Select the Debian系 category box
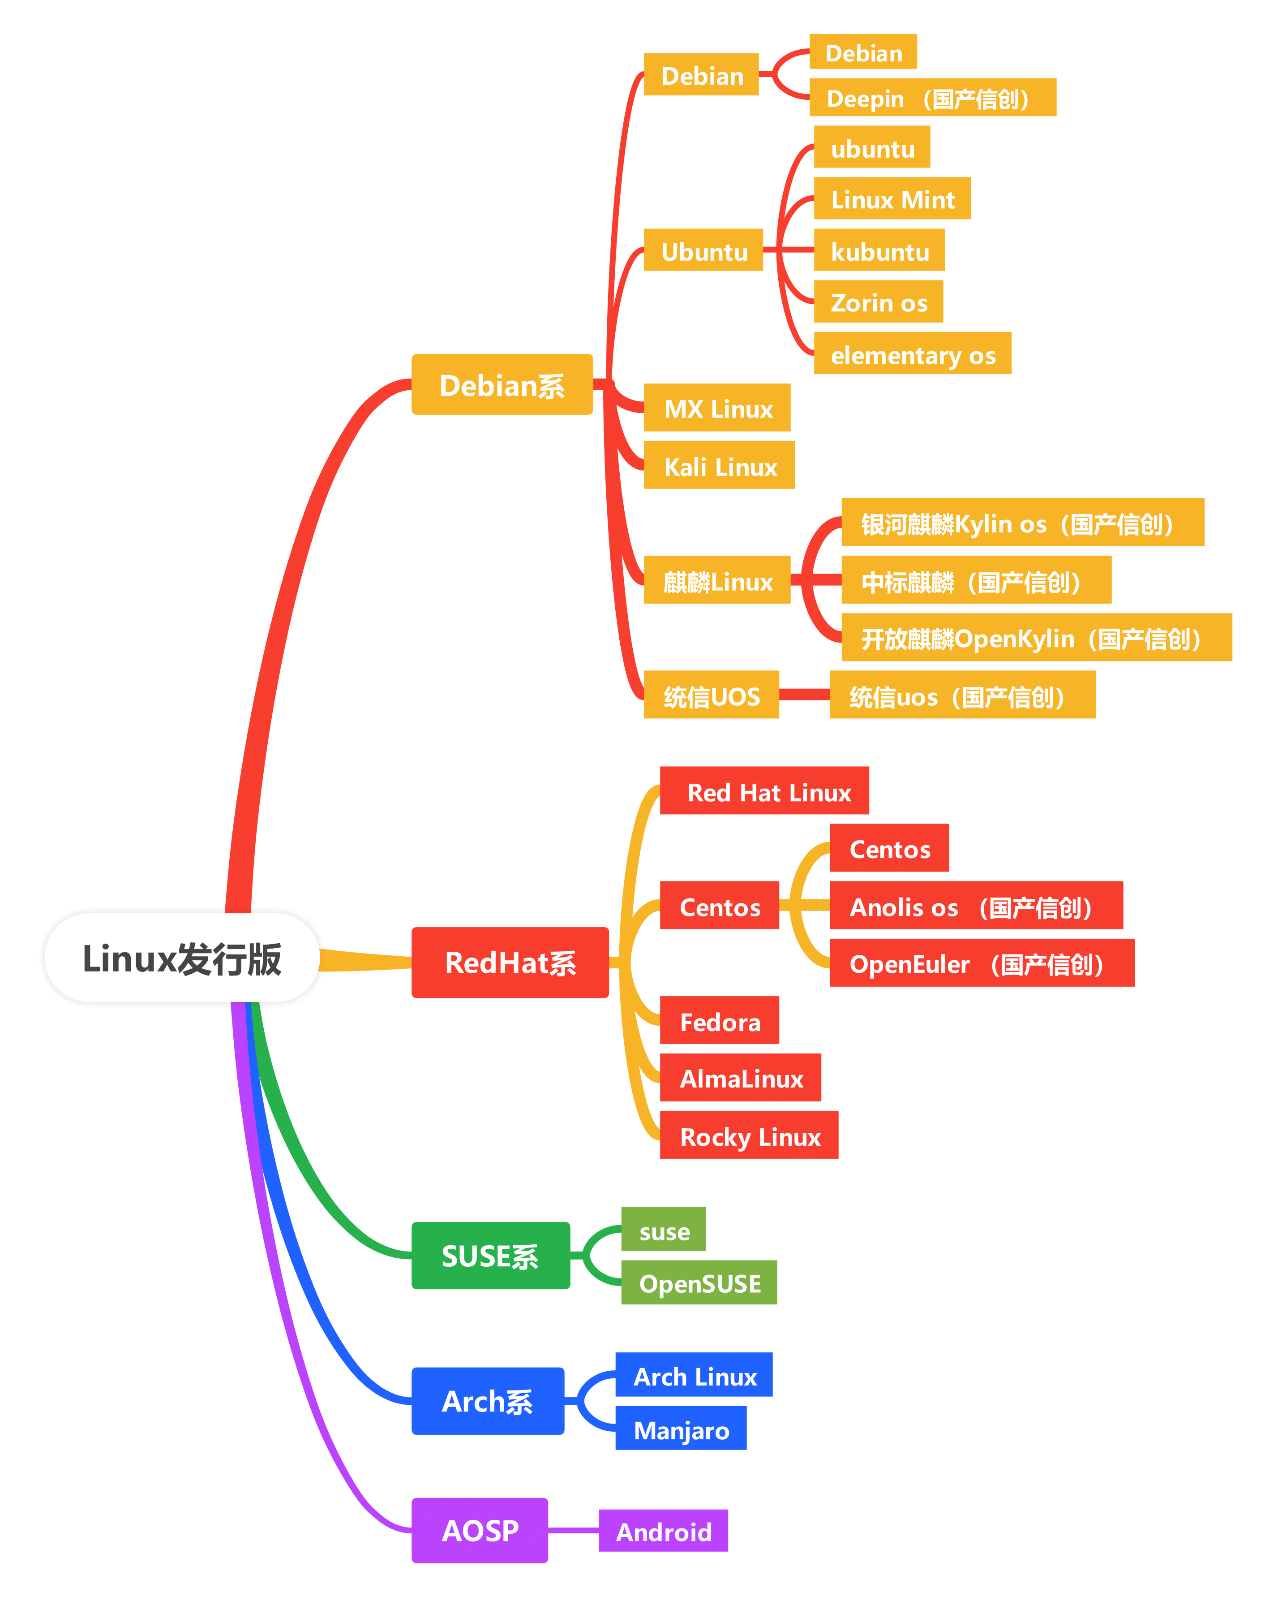coord(502,384)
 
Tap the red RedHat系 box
coord(510,962)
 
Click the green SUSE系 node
coord(490,1256)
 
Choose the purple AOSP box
coord(480,1530)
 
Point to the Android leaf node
coord(664,1530)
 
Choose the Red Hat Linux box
coord(764,790)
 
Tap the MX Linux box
coord(717,407)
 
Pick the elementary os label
coord(912,354)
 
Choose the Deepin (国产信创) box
coord(932,97)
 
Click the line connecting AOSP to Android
coord(573,1530)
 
